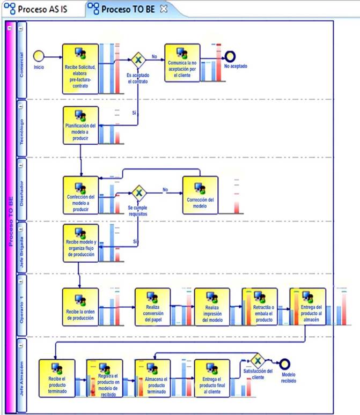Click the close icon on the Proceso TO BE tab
click(164, 9)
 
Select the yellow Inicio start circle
click(39, 56)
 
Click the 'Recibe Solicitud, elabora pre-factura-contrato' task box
click(80, 63)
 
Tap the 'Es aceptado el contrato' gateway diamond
click(138, 60)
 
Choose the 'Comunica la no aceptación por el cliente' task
click(182, 63)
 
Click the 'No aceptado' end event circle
click(230, 56)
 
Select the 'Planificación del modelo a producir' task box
click(80, 125)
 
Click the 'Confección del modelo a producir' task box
click(80, 195)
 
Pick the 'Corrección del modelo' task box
click(200, 195)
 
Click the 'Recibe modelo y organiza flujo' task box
click(80, 243)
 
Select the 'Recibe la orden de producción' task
click(80, 307)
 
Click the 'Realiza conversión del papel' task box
click(152, 307)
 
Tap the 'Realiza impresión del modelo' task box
click(212, 307)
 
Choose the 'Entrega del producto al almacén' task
click(307, 307)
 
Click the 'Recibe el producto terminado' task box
click(57, 377)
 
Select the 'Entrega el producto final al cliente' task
click(212, 377)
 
